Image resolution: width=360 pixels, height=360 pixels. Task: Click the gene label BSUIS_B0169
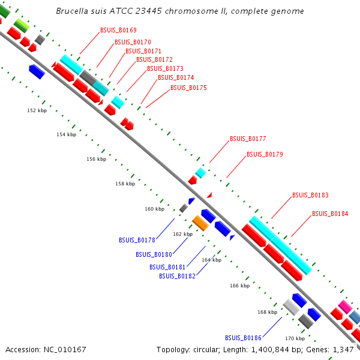(x=118, y=30)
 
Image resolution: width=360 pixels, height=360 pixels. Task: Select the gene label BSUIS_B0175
(x=188, y=88)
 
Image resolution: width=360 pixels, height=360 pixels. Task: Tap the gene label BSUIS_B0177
(x=248, y=139)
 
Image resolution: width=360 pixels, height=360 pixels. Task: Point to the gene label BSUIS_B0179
(x=265, y=154)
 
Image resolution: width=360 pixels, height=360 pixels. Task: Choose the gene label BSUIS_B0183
(x=310, y=196)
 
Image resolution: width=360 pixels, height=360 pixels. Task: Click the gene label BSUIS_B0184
(x=330, y=214)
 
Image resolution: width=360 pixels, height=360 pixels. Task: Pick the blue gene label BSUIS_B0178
(x=137, y=240)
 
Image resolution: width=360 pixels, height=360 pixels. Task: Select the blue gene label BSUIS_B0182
(x=178, y=276)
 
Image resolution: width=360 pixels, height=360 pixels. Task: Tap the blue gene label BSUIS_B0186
(x=244, y=338)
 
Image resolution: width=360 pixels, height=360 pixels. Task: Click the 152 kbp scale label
(x=37, y=110)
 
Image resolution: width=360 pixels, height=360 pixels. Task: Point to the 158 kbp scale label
(x=125, y=184)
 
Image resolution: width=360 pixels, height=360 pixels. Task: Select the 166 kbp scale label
(x=239, y=286)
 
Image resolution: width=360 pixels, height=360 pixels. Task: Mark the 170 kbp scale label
(x=295, y=338)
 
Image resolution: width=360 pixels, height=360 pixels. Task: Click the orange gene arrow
(x=200, y=223)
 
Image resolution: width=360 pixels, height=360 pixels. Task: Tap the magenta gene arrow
(x=344, y=307)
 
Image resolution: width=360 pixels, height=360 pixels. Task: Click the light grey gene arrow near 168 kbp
(x=290, y=308)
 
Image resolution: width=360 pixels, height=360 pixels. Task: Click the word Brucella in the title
(x=74, y=11)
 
